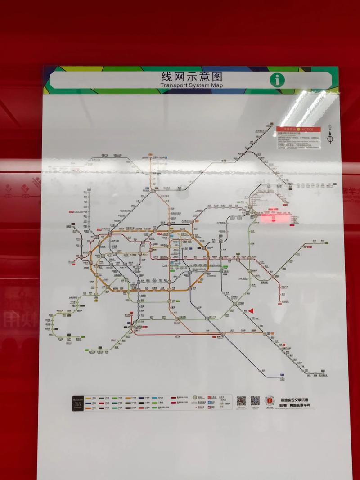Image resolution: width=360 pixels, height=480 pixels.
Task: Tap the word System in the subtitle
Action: point(201,85)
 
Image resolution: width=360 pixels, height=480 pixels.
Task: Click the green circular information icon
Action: point(277,80)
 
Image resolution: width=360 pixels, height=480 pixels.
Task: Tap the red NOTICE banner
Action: point(299,129)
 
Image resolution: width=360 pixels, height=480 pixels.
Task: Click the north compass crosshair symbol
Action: point(330,139)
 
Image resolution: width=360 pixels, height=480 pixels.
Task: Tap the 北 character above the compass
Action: point(330,127)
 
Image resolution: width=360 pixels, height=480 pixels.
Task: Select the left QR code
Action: point(242,400)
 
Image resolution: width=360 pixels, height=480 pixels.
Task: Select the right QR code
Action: point(255,400)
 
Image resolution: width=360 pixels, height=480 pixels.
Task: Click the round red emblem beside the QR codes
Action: point(270,400)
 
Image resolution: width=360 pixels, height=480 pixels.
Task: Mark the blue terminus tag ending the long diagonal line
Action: point(282,374)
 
